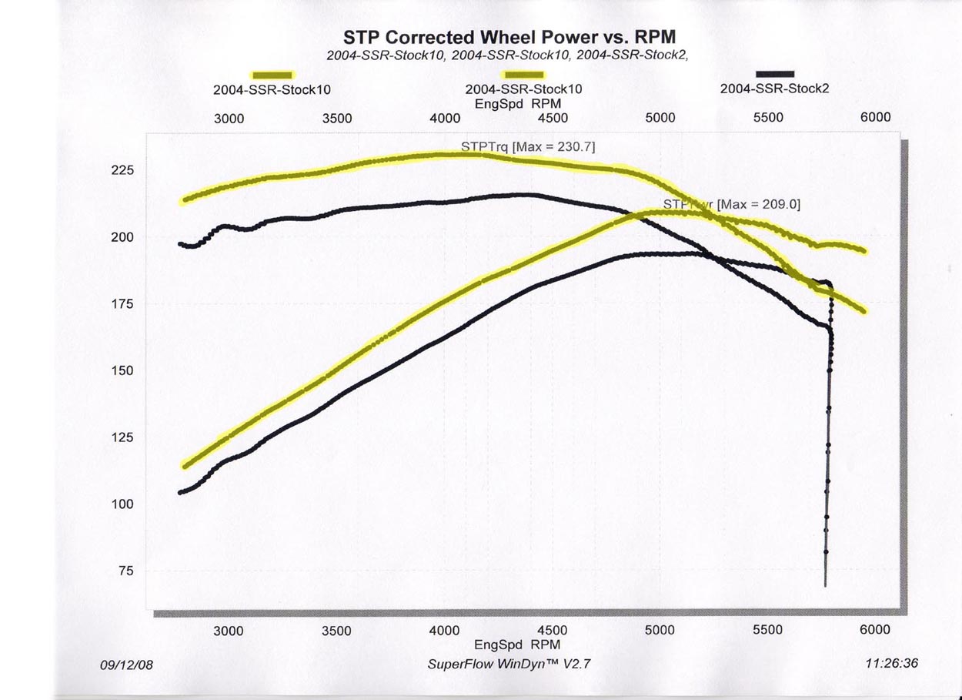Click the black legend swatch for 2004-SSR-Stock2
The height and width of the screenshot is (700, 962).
point(775,74)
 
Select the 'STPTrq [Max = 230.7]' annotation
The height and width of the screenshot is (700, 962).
point(528,146)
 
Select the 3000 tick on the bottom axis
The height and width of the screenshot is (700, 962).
point(229,631)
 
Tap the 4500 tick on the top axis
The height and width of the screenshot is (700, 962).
point(552,118)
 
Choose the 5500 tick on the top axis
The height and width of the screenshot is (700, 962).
point(767,117)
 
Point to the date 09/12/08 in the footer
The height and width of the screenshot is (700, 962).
point(127,664)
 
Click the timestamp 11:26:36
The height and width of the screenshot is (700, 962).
point(891,663)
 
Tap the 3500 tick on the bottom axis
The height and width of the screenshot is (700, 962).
point(336,631)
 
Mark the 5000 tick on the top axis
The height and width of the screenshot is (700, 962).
point(660,118)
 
